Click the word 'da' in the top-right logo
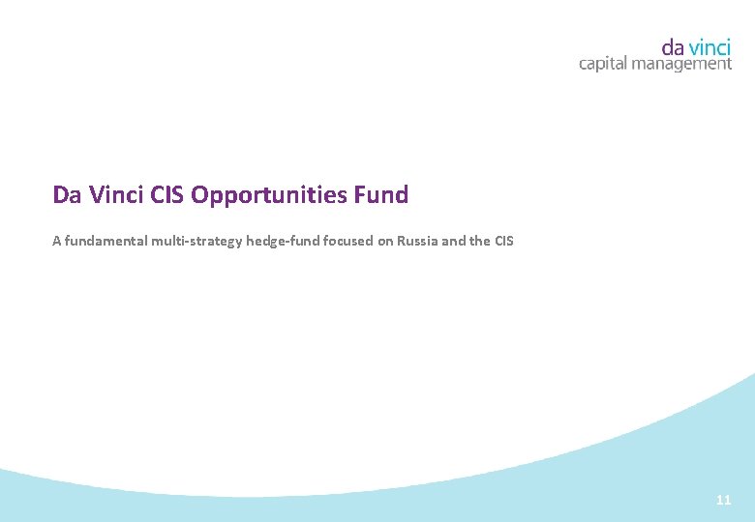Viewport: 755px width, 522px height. [674, 45]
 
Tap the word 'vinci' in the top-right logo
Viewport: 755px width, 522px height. [710, 45]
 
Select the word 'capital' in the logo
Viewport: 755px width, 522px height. [603, 65]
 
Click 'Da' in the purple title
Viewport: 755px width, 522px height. [66, 195]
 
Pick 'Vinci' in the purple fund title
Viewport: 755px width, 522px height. [115, 195]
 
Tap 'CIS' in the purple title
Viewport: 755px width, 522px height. [168, 195]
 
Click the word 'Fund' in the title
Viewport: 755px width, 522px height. [382, 195]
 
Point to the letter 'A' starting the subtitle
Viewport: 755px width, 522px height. [56, 241]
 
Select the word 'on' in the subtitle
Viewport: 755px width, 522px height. [384, 241]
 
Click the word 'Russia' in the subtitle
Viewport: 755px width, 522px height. [416, 241]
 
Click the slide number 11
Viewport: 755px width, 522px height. [723, 501]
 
